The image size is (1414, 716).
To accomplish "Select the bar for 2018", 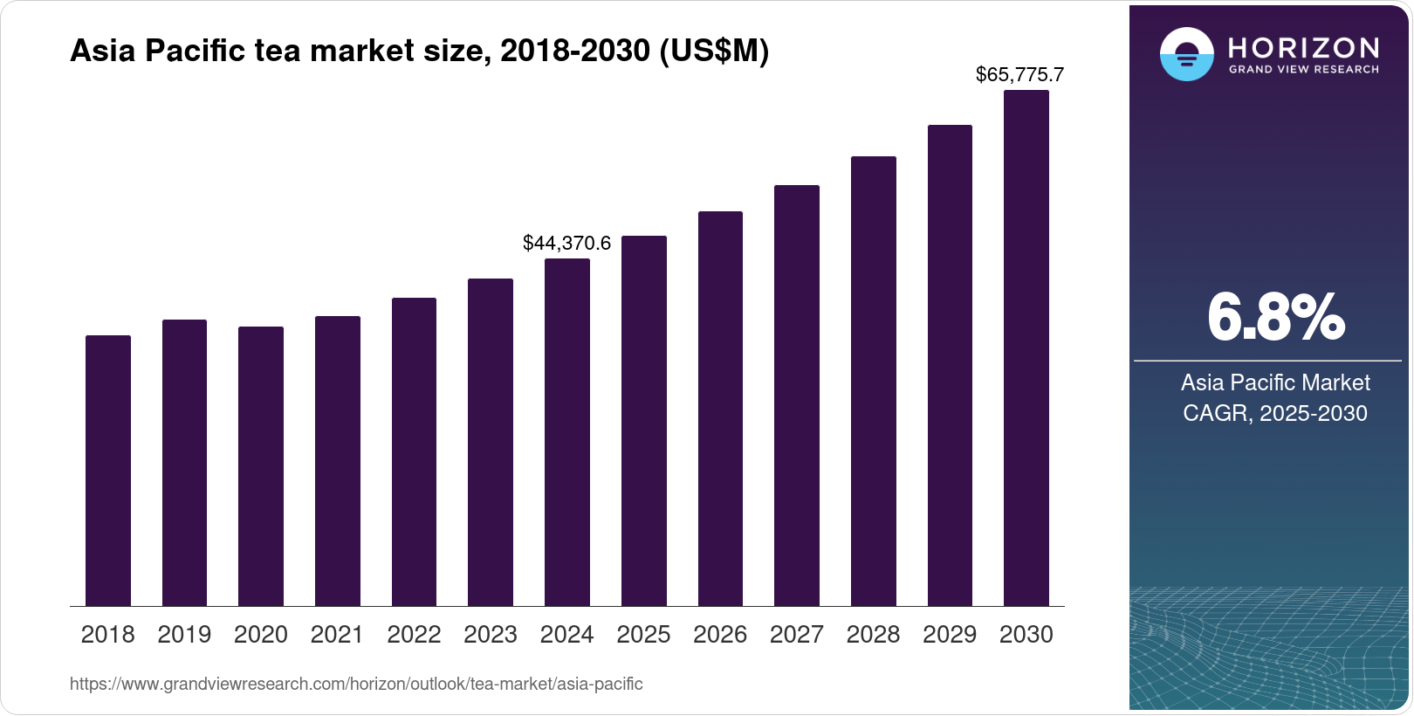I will click(x=108, y=471).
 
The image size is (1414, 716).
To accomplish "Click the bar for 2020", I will click(x=261, y=466).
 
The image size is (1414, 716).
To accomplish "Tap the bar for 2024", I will click(x=567, y=432).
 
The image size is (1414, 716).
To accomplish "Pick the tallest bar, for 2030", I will click(x=1026, y=348).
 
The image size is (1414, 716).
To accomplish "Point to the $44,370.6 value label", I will click(x=567, y=243).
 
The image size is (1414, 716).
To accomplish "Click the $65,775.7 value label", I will click(x=1019, y=74).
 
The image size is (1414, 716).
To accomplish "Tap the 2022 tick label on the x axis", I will click(x=414, y=635).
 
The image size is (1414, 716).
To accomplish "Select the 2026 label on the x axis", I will click(x=720, y=635).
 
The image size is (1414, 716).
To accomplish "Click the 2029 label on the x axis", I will click(x=950, y=635).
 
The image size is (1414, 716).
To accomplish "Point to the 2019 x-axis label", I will click(x=184, y=635).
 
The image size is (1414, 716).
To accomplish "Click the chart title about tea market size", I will click(x=419, y=51).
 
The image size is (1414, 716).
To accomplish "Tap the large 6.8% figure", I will click(x=1275, y=318).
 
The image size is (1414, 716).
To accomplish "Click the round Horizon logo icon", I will click(x=1186, y=54).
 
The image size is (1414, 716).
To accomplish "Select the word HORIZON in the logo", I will click(x=1303, y=47).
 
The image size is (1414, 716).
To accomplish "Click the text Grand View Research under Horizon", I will click(x=1303, y=69).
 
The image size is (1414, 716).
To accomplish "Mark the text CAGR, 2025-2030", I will click(x=1275, y=413).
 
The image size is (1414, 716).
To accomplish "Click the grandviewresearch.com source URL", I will click(x=356, y=684).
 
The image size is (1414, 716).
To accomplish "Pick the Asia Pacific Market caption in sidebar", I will click(x=1275, y=382).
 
